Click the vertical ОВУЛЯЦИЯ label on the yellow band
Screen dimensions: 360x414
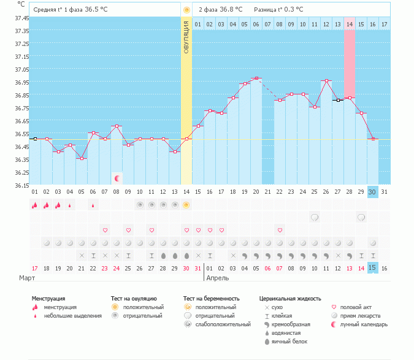coord(186,37)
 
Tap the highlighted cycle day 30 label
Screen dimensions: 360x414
coord(372,192)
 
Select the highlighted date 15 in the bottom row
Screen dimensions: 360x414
coord(372,267)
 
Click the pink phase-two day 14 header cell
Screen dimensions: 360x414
coord(350,24)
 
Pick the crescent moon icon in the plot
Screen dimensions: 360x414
coord(117,178)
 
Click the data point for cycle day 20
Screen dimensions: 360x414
coord(256,79)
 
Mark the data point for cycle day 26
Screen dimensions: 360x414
coord(326,81)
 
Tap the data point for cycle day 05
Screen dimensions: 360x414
coord(82,158)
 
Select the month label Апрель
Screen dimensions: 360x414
coord(218,278)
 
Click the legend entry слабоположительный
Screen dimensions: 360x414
coord(217,324)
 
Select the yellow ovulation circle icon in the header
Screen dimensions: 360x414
coord(186,10)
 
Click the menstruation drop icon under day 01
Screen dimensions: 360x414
coord(34,205)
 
